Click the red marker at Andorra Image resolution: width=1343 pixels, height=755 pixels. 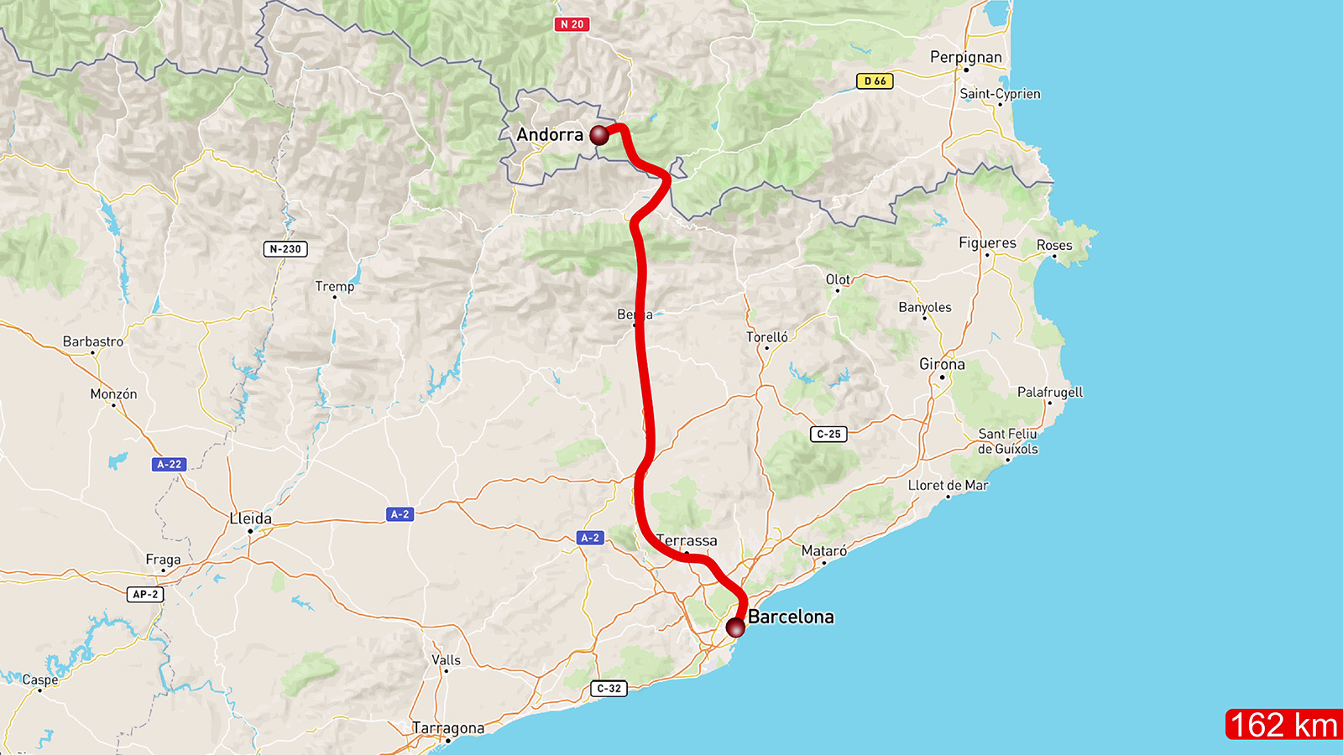coord(599,135)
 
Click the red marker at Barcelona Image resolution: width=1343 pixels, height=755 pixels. coord(735,627)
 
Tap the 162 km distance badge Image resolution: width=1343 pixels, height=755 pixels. coord(1283,725)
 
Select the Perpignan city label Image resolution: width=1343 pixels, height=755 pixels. coord(965,57)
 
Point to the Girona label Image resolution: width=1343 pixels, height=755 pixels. coord(942,364)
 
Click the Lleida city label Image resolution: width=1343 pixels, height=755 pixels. coord(250,518)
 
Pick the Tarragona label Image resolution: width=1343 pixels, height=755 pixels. coord(447,728)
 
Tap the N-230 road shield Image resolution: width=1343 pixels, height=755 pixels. coord(285,249)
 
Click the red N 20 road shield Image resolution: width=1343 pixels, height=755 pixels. coord(572,24)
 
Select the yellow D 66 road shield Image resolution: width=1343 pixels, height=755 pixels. coord(875,81)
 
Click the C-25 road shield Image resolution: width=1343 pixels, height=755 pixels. coord(828,434)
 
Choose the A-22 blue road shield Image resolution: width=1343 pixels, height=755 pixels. coord(169,464)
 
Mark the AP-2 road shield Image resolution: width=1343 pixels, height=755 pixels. coord(145,594)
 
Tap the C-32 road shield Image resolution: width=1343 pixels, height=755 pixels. coord(609,689)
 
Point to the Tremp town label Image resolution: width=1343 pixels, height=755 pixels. coord(334,286)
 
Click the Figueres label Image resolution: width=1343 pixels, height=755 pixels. coord(987,242)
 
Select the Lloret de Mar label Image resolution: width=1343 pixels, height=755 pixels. coord(948,485)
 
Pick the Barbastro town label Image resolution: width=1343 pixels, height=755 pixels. coord(92,341)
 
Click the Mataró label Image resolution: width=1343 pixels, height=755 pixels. coord(823,550)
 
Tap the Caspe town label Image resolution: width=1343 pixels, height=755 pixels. coord(39,679)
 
